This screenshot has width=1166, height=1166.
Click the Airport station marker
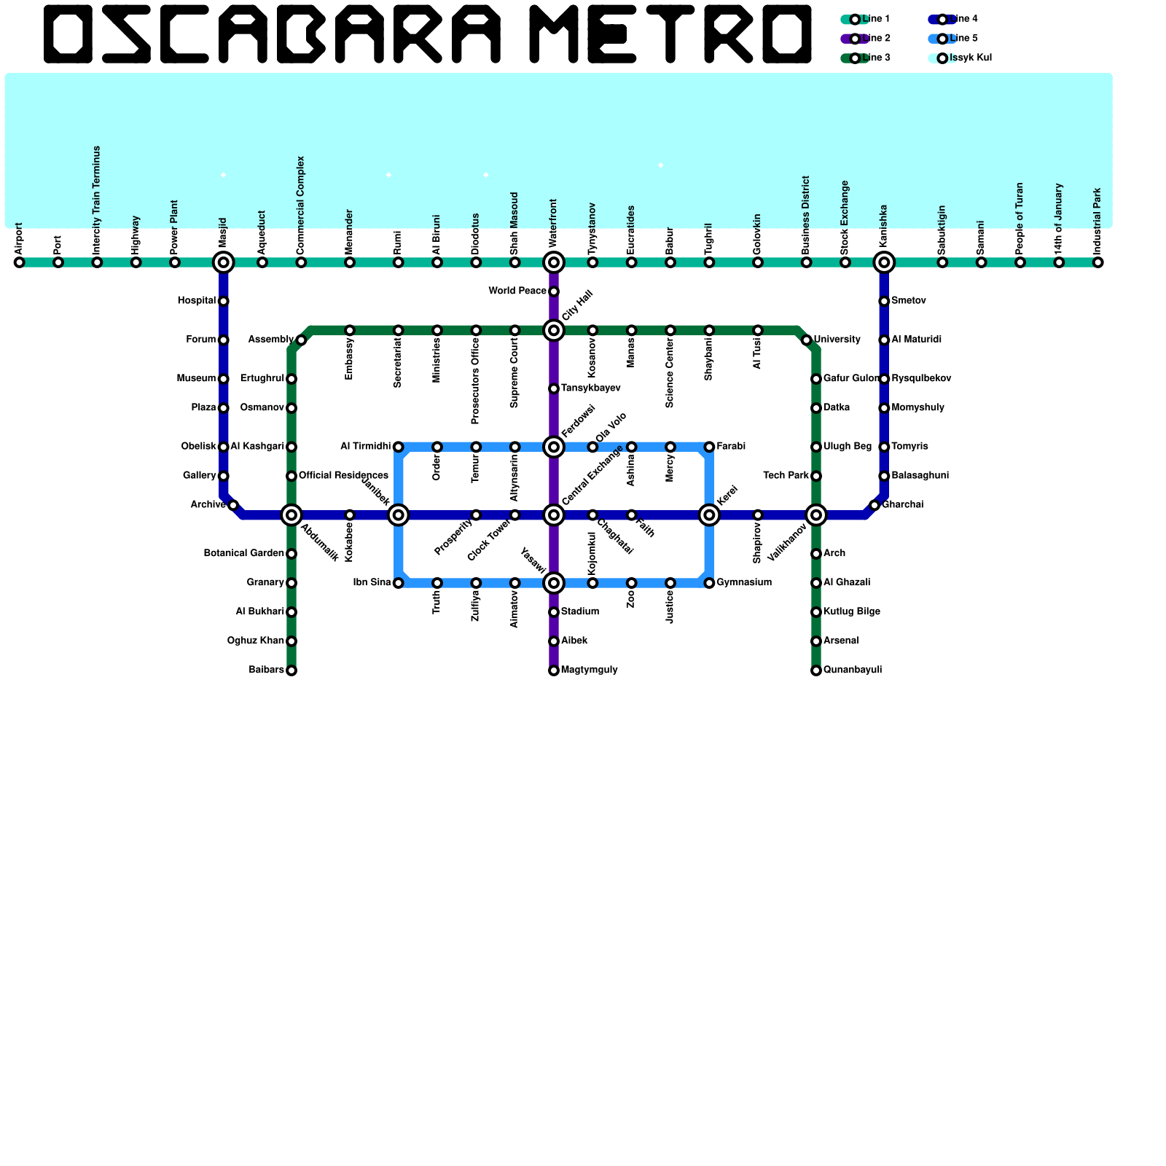tap(20, 262)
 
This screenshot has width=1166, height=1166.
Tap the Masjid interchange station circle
tap(224, 262)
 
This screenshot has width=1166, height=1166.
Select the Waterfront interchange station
tap(554, 262)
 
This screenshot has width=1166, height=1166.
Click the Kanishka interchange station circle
tap(884, 262)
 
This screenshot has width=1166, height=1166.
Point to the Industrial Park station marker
tap(1098, 262)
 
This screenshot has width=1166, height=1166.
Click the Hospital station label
tap(197, 301)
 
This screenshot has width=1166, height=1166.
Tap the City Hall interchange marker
tap(554, 331)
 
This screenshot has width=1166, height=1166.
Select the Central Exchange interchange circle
tap(554, 515)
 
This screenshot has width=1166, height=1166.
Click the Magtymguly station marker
tap(554, 670)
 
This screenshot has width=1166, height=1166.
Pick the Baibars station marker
tap(291, 670)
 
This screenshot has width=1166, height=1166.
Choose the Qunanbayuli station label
tap(853, 670)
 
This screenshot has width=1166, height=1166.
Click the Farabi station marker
tap(709, 447)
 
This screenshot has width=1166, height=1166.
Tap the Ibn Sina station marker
tap(399, 583)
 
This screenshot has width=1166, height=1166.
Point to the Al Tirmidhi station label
tap(366, 447)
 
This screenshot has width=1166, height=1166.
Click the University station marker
tap(806, 340)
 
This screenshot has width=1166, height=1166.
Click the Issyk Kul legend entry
tap(959, 58)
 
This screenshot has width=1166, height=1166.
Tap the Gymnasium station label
tap(744, 583)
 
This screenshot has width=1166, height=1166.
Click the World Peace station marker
tap(554, 291)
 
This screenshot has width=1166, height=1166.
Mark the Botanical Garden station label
tap(244, 554)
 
